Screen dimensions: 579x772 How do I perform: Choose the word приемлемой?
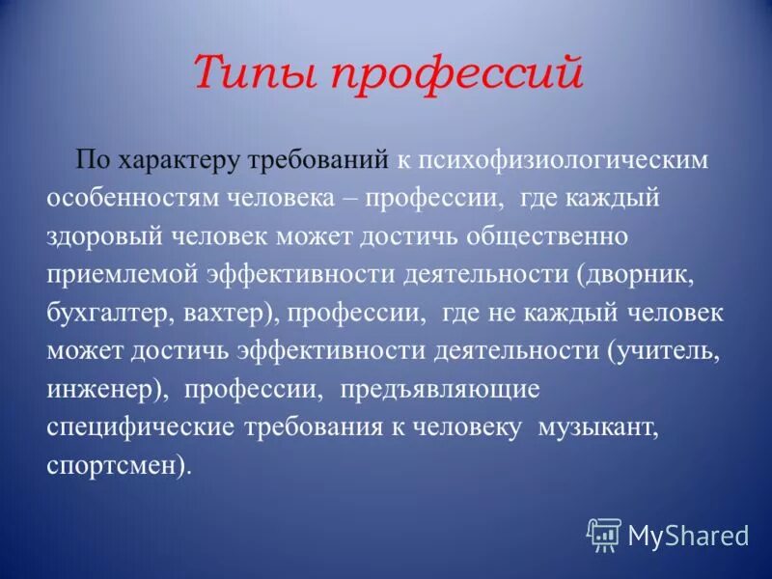pyautogui.click(x=123, y=275)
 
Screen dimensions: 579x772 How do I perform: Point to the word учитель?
pyautogui.click(x=667, y=352)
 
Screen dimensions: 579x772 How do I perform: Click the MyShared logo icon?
pyautogui.click(x=604, y=535)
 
